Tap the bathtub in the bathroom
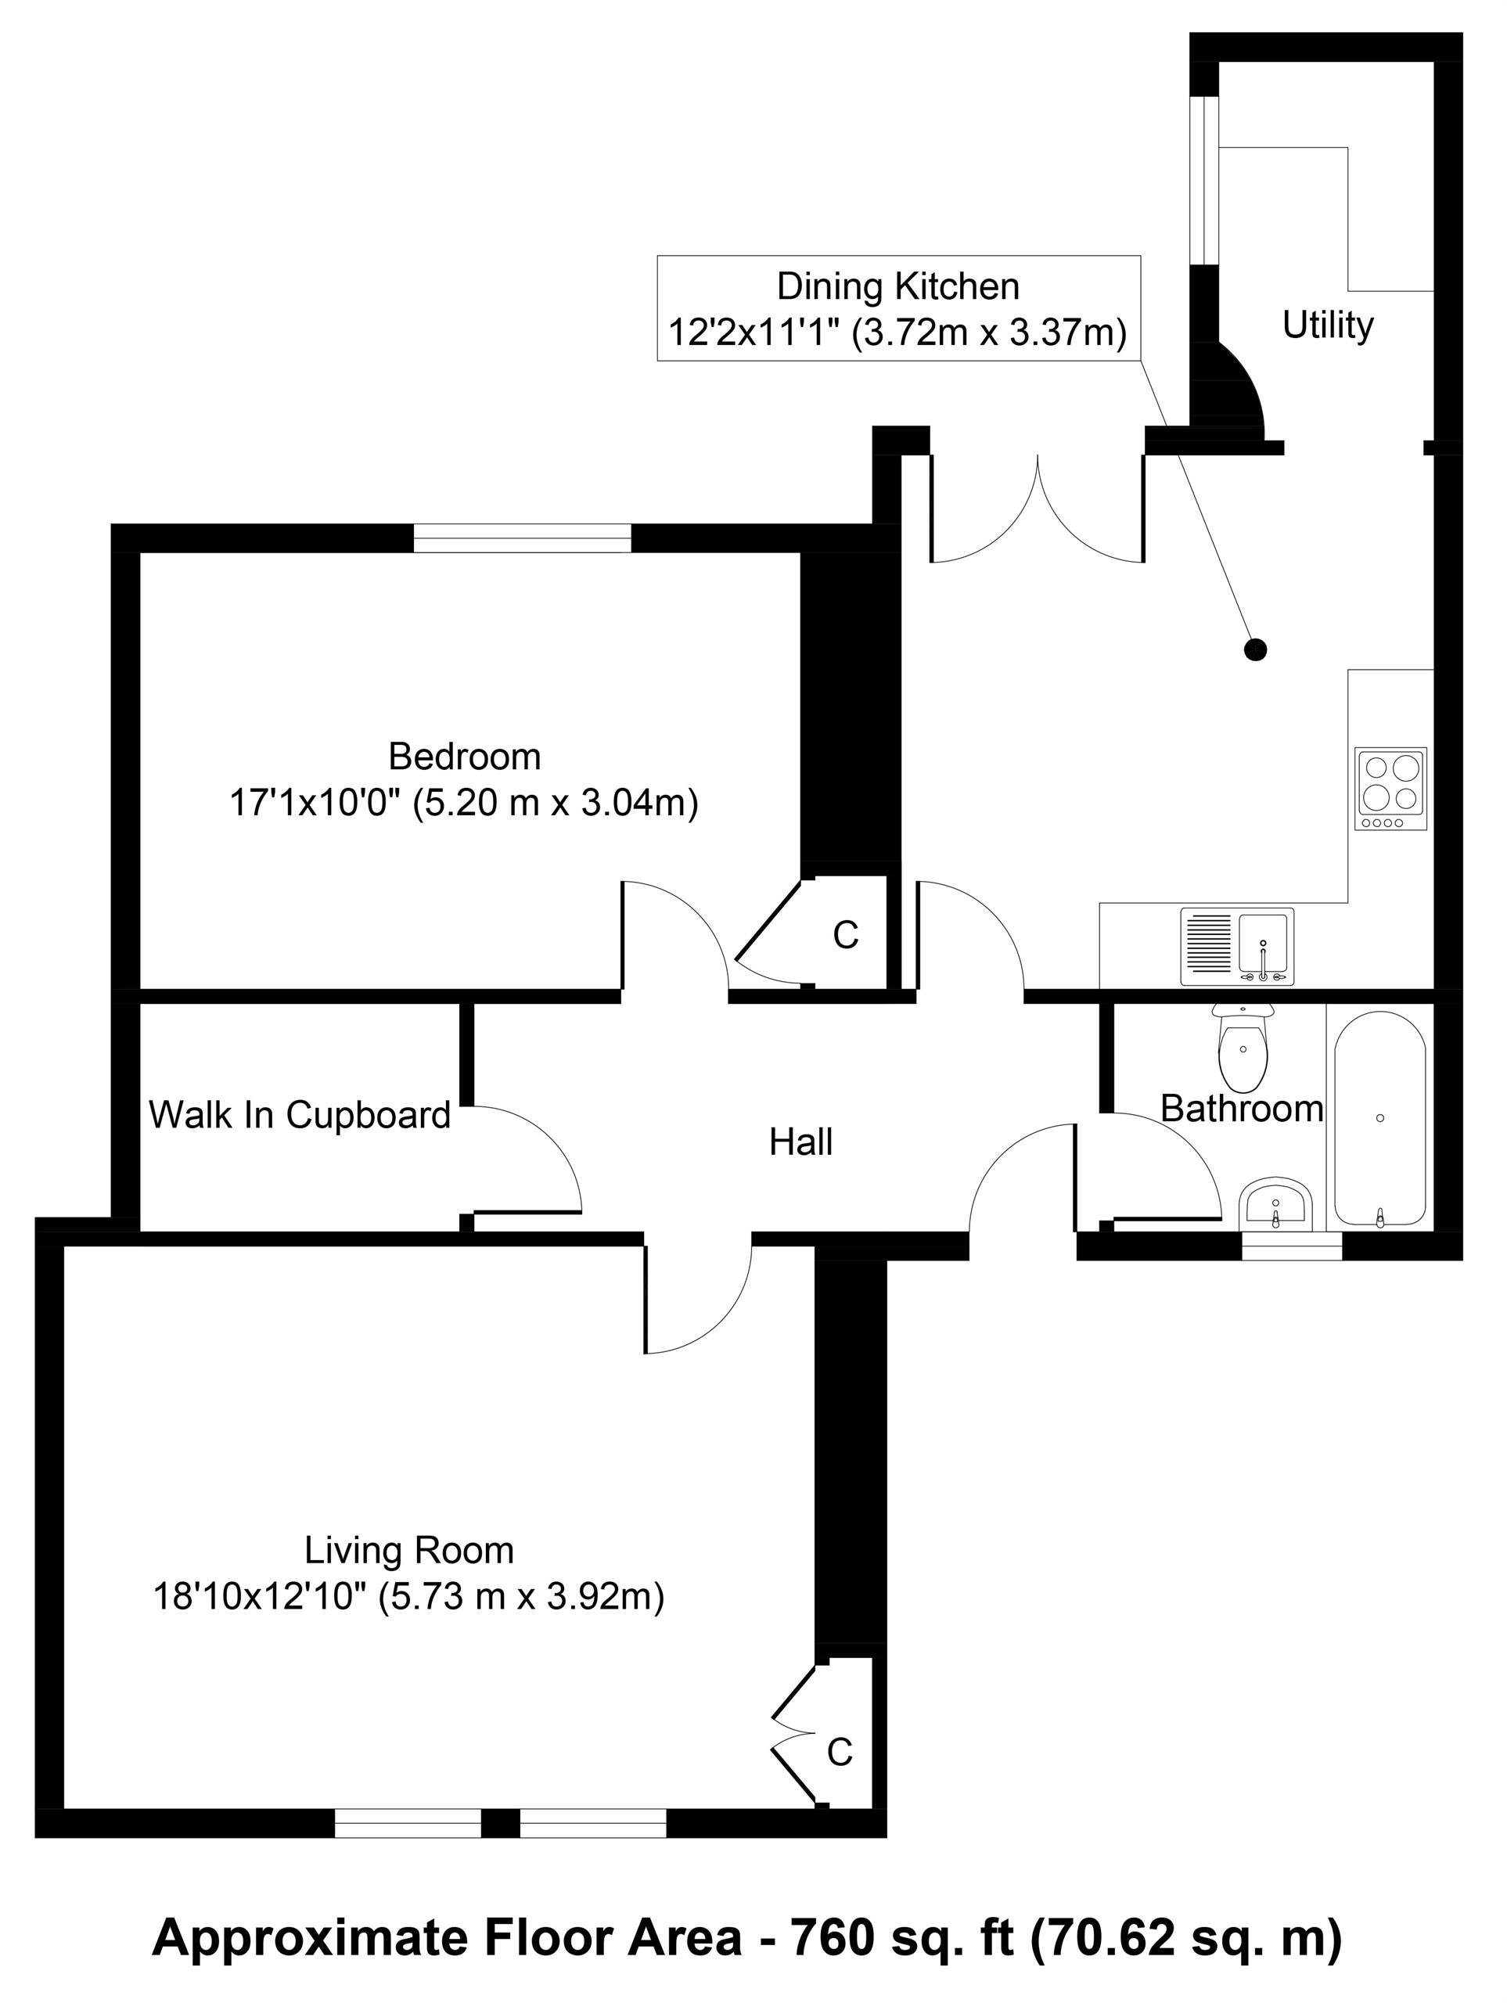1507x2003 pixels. [1379, 1119]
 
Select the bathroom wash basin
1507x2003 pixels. [1275, 1204]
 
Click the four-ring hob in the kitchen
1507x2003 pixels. [1390, 788]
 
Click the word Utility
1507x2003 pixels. [1328, 325]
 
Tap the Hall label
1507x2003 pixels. [800, 1143]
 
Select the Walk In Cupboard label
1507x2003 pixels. [300, 1115]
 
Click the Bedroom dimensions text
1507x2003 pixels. [464, 804]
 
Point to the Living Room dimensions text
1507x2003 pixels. [409, 1596]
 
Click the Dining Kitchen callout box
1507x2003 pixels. [898, 309]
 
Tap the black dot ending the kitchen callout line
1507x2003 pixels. [1254, 649]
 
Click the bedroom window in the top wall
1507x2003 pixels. [523, 538]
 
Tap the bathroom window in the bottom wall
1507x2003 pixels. [1292, 1246]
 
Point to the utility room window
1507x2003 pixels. [1203, 179]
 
